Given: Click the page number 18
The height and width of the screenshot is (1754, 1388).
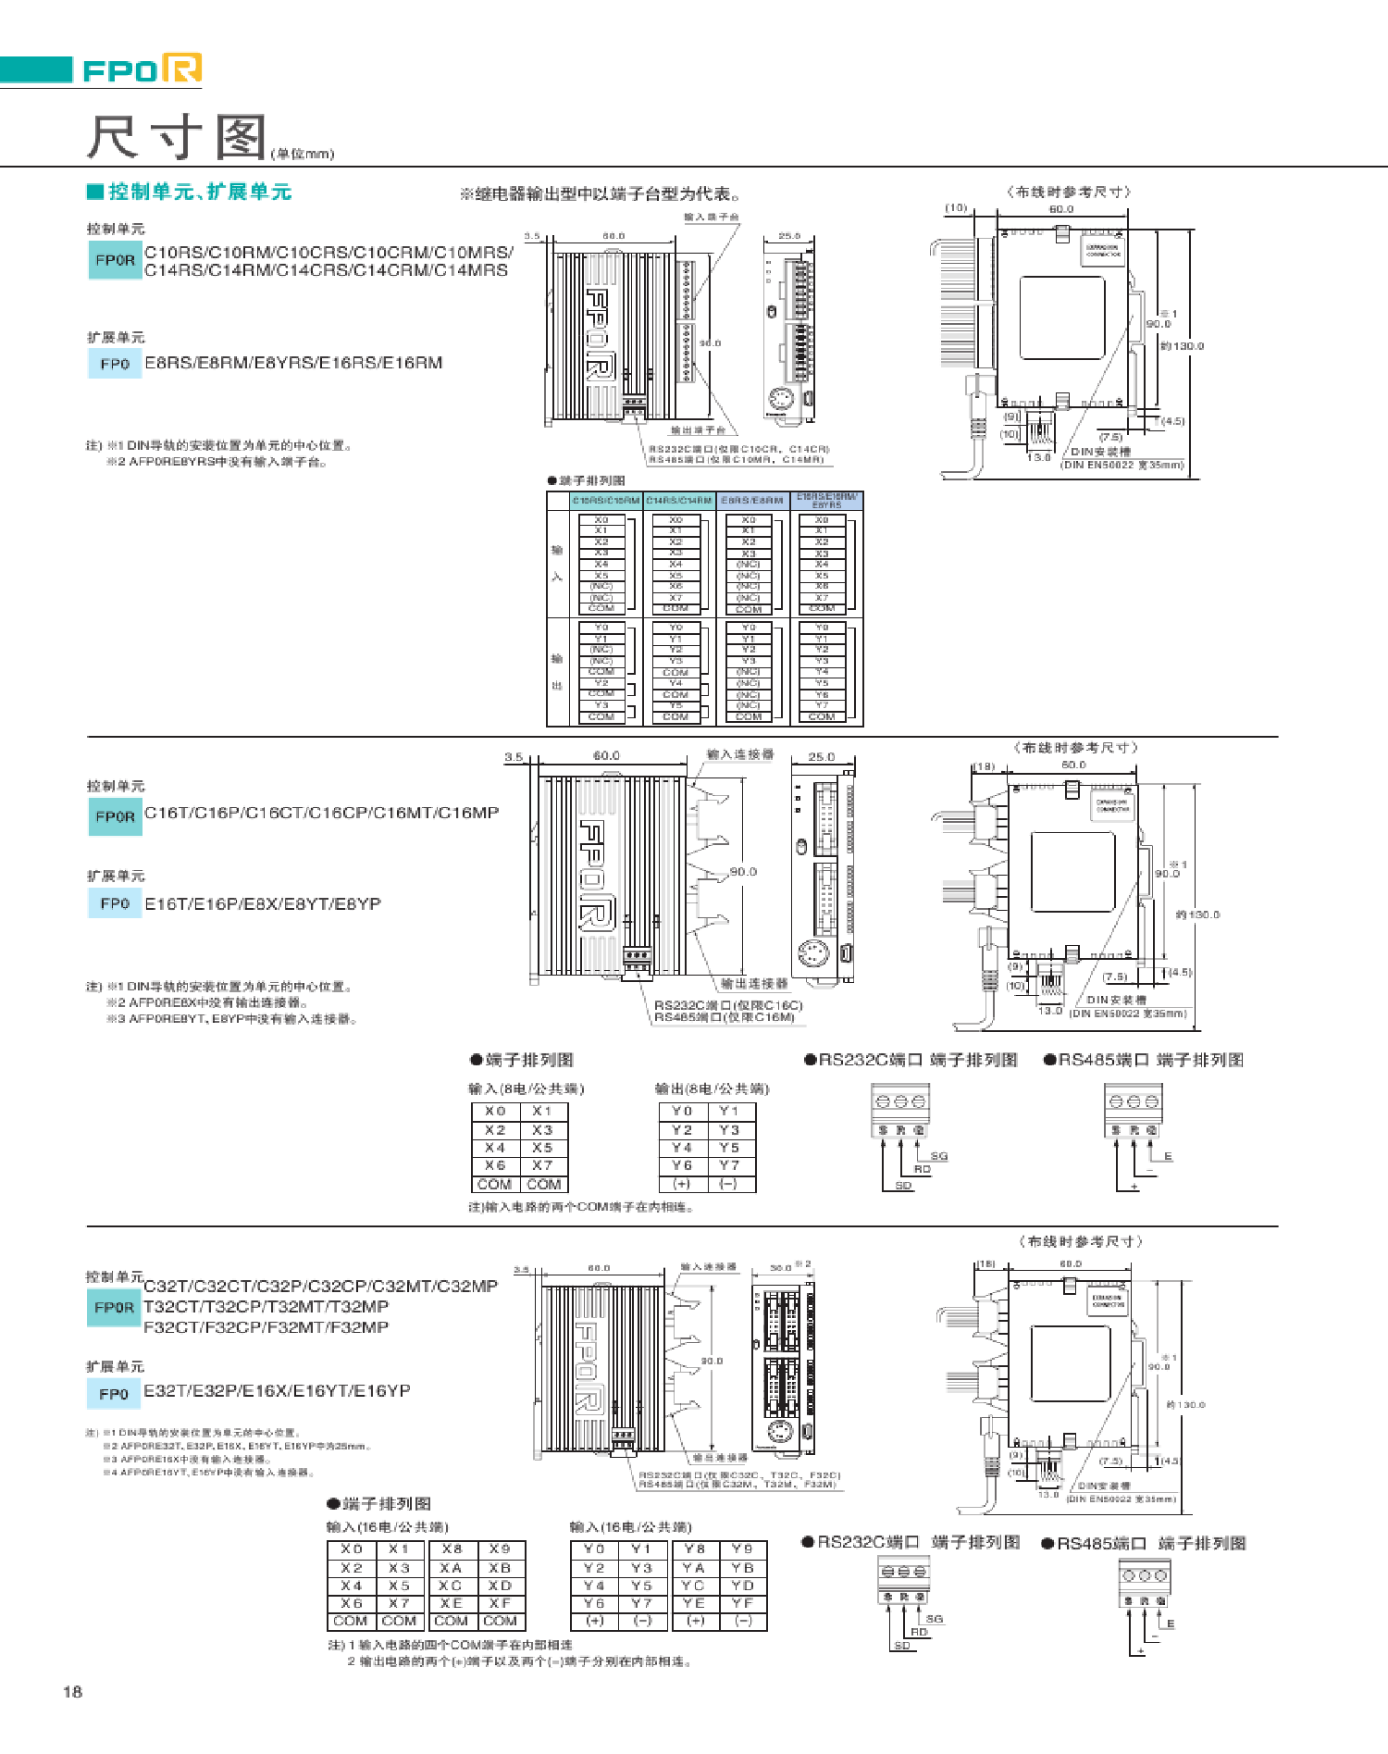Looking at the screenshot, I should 72,1691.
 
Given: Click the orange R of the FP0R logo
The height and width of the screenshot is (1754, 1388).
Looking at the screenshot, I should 181,68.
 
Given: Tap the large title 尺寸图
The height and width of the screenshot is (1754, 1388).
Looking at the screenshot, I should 177,138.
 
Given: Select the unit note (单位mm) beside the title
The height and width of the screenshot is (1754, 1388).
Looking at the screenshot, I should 303,154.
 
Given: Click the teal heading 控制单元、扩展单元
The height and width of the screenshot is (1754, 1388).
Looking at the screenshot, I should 200,192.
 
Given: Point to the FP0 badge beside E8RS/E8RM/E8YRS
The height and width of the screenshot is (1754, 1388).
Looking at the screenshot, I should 115,364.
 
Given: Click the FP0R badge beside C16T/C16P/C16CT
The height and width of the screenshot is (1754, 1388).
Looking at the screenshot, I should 115,816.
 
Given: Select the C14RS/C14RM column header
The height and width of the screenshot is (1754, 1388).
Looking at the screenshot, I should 678,501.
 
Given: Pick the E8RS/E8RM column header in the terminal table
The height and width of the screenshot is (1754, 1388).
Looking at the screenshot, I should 751,501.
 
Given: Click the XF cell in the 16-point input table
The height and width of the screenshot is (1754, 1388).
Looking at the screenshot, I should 500,1603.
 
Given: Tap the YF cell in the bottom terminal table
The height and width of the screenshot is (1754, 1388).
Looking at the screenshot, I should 742,1603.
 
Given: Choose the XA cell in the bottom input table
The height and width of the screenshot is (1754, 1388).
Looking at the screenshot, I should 451,1568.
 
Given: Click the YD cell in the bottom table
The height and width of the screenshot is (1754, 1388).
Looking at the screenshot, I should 742,1586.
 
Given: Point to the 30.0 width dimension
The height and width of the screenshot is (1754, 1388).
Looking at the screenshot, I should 782,1267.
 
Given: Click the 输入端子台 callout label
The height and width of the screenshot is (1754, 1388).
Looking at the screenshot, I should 711,218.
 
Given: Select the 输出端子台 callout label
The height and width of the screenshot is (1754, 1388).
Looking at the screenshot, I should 698,430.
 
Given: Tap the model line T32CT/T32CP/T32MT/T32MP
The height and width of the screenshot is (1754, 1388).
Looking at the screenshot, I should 266,1307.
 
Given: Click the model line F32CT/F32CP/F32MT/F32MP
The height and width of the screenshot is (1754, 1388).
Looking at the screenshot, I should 266,1327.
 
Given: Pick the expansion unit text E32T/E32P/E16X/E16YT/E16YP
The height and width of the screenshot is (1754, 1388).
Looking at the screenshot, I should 277,1391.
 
